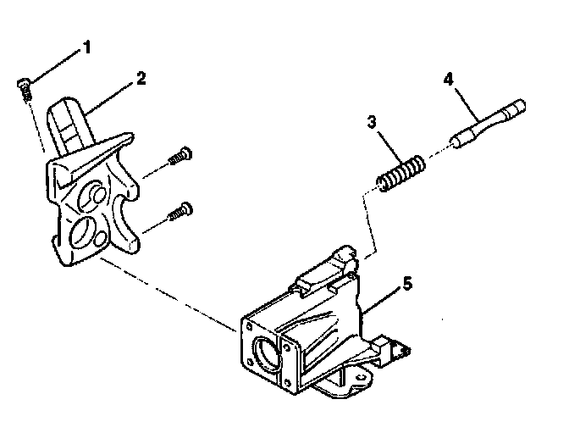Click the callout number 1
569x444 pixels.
(x=86, y=47)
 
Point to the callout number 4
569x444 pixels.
(x=448, y=80)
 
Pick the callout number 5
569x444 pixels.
(x=407, y=284)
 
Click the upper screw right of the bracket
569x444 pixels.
(x=180, y=157)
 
